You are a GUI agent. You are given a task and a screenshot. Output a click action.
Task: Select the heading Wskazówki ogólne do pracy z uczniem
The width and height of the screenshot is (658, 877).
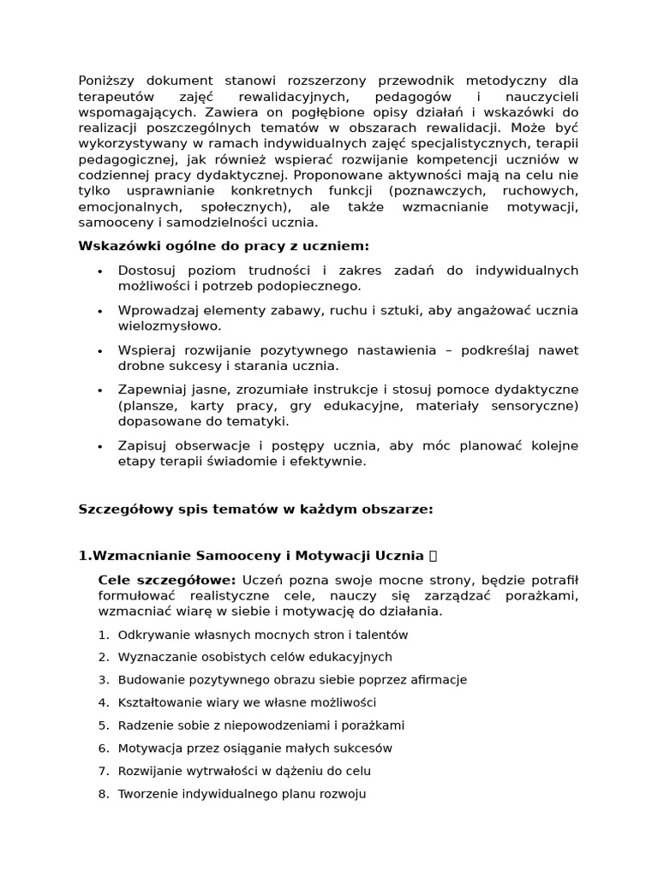pos(224,246)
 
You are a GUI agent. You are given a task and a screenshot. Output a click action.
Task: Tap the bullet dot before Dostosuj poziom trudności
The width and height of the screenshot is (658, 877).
pos(100,271)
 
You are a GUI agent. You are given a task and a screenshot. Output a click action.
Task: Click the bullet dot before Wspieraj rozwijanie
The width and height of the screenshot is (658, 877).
pos(100,350)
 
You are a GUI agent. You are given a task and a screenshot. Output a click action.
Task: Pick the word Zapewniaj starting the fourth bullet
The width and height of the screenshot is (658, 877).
pos(147,390)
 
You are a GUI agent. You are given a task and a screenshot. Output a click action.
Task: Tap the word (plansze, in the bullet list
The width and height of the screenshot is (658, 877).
pos(144,405)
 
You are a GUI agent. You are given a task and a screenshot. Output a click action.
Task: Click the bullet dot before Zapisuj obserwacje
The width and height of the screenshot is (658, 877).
pos(100,445)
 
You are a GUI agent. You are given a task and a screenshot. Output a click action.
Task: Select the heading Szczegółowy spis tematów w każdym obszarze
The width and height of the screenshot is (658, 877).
pos(255,509)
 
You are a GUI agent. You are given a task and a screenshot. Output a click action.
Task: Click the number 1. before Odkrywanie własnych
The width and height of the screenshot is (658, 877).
pos(104,635)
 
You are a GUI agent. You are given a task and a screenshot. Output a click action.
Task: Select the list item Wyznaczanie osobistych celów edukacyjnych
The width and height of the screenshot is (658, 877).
pos(254,657)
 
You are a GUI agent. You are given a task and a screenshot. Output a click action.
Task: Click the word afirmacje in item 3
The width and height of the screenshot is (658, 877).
pos(439,680)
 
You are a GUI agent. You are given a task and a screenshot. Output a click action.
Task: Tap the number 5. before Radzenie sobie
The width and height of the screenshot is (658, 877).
pos(104,725)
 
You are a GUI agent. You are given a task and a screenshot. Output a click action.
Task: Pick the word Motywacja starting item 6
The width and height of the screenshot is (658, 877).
pos(147,748)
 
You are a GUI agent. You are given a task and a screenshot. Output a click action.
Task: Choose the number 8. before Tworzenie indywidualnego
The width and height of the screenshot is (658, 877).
pos(104,794)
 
